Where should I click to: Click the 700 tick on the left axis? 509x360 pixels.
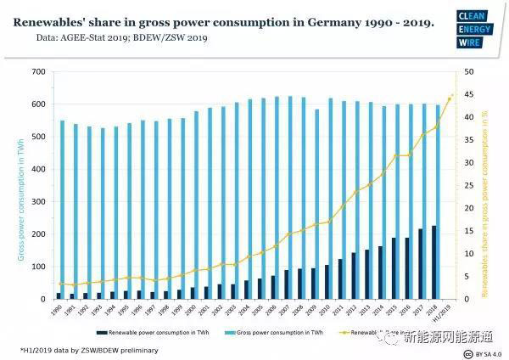tap(36, 72)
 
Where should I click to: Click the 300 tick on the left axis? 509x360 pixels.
tap(36, 202)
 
